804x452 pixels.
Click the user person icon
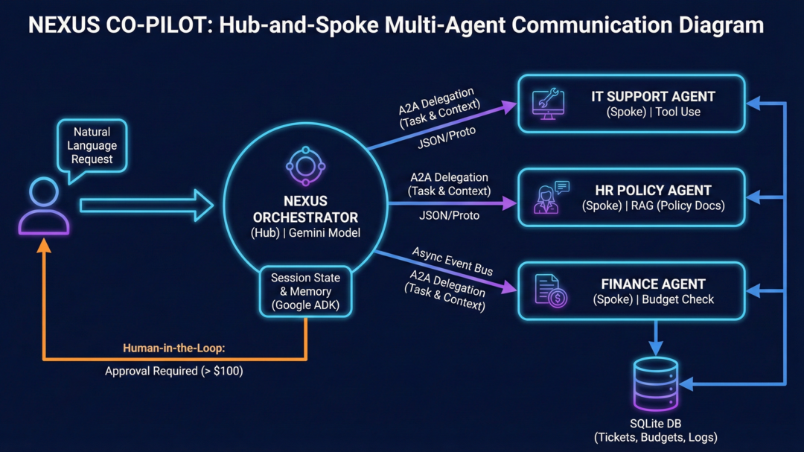click(44, 207)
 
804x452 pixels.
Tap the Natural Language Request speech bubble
click(92, 146)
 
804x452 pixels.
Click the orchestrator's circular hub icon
click(305, 166)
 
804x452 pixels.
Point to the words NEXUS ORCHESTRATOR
click(305, 209)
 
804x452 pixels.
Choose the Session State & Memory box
click(305, 291)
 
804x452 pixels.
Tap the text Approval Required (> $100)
click(173, 370)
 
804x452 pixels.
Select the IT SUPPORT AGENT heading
click(653, 97)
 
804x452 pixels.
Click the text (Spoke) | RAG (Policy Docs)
click(653, 206)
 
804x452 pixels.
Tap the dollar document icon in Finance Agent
click(550, 290)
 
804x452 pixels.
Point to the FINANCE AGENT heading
click(653, 284)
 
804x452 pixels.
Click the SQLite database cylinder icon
click(655, 383)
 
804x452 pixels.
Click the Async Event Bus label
click(453, 261)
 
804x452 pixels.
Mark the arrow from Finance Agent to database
click(655, 337)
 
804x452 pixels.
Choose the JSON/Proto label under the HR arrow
click(449, 215)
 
